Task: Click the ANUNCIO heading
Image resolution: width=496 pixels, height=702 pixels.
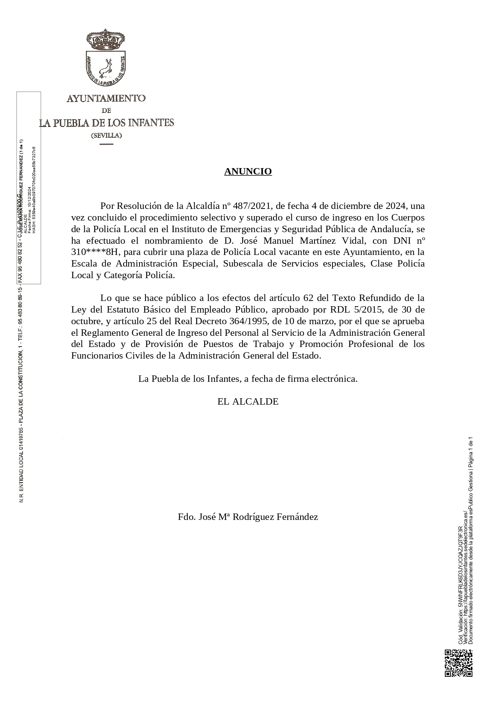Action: pyautogui.click(x=248, y=171)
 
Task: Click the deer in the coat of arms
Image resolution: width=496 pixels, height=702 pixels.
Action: pyautogui.click(x=106, y=68)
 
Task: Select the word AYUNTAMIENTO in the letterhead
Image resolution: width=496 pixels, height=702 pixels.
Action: pyautogui.click(x=106, y=98)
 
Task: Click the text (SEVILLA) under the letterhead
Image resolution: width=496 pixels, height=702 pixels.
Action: pyautogui.click(x=106, y=135)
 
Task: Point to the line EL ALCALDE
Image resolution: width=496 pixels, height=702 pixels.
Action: pyautogui.click(x=248, y=401)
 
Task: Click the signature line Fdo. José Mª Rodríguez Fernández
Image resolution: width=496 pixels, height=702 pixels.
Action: pyautogui.click(x=248, y=517)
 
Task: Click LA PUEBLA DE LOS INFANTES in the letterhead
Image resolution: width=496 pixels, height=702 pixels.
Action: pyautogui.click(x=107, y=123)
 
